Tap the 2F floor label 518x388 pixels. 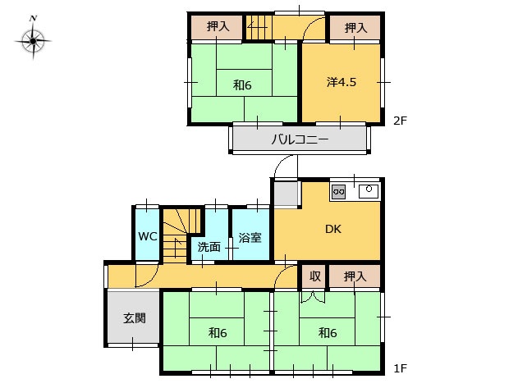tap(400, 121)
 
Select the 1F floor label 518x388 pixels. tap(400, 368)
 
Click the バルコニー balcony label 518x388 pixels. tap(300, 139)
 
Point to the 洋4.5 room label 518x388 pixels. tap(342, 82)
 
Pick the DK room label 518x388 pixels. tap(333, 229)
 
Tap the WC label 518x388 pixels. tap(147, 236)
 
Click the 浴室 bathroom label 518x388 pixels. tap(250, 237)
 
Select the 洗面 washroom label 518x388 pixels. tap(209, 247)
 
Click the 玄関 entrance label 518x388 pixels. tap(135, 318)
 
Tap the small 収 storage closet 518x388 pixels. tap(314, 276)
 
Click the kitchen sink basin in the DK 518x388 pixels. tap(369, 191)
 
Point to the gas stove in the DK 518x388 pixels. tap(338, 191)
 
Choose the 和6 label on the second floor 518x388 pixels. tap(242, 85)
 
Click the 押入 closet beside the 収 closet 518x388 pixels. tap(355, 276)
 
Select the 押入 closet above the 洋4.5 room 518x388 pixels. tap(355, 28)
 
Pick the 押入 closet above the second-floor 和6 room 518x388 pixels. tap(217, 27)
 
